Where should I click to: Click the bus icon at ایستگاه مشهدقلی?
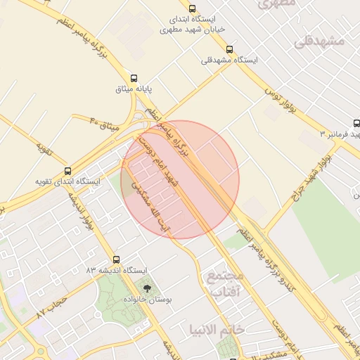click(230, 49)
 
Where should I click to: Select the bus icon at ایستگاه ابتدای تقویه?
click(67, 170)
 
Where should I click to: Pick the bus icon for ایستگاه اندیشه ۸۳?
click(116, 259)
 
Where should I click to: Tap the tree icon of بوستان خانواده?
click(147, 288)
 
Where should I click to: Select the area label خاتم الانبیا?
click(217, 329)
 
